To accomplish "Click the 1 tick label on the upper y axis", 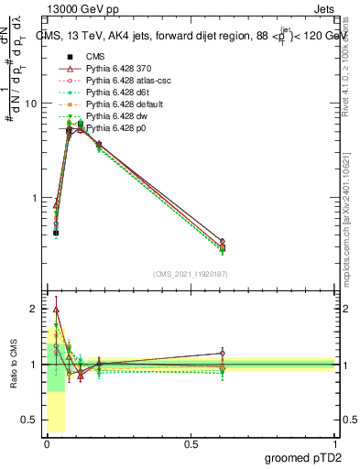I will coord(33,198).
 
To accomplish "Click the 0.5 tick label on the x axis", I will coord(191,444).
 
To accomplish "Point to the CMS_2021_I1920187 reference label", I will coord(191,274).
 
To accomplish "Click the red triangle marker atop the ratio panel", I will coord(57,310).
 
